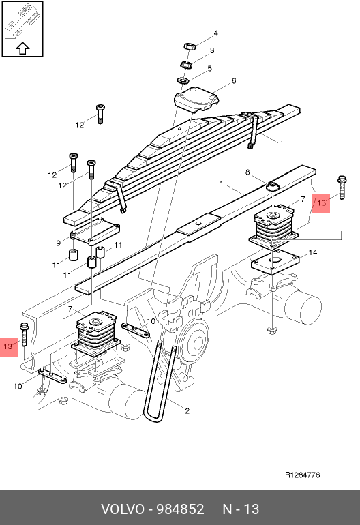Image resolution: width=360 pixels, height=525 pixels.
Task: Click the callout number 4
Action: pyautogui.click(x=215, y=33)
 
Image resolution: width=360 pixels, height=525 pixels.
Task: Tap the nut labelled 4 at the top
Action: pyautogui.click(x=190, y=46)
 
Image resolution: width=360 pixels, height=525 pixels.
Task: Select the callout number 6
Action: pyautogui.click(x=234, y=80)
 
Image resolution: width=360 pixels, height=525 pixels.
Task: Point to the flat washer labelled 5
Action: pyautogui.click(x=183, y=80)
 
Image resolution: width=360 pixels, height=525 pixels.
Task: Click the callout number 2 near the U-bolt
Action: pyautogui.click(x=187, y=410)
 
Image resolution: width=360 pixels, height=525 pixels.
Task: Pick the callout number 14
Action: pyautogui.click(x=312, y=252)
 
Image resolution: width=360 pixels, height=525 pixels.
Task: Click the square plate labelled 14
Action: pyautogui.click(x=275, y=262)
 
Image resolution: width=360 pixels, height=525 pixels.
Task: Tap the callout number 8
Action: pyautogui.click(x=247, y=172)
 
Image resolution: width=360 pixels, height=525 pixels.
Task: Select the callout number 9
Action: pyautogui.click(x=58, y=243)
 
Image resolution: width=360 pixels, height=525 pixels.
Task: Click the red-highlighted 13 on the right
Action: pyautogui.click(x=321, y=203)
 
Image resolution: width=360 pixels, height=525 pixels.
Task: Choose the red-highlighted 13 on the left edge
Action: pyautogui.click(x=8, y=346)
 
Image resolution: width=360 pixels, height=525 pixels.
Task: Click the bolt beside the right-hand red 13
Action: pyautogui.click(x=342, y=187)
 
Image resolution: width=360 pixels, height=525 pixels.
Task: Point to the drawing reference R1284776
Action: pyautogui.click(x=303, y=475)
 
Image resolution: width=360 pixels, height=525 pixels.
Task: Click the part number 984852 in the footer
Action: pyautogui.click(x=181, y=509)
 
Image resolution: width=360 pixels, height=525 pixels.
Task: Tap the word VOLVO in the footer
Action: pyautogui.click(x=123, y=509)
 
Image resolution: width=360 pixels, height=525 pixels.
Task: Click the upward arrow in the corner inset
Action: pyautogui.click(x=22, y=48)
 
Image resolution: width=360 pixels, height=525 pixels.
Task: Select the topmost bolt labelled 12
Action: pyautogui.click(x=100, y=114)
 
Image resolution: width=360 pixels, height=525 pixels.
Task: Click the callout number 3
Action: pyautogui.click(x=211, y=50)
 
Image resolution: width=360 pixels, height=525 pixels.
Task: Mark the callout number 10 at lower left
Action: pyautogui.click(x=18, y=386)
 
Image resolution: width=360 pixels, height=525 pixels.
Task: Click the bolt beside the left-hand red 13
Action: pyautogui.click(x=24, y=334)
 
